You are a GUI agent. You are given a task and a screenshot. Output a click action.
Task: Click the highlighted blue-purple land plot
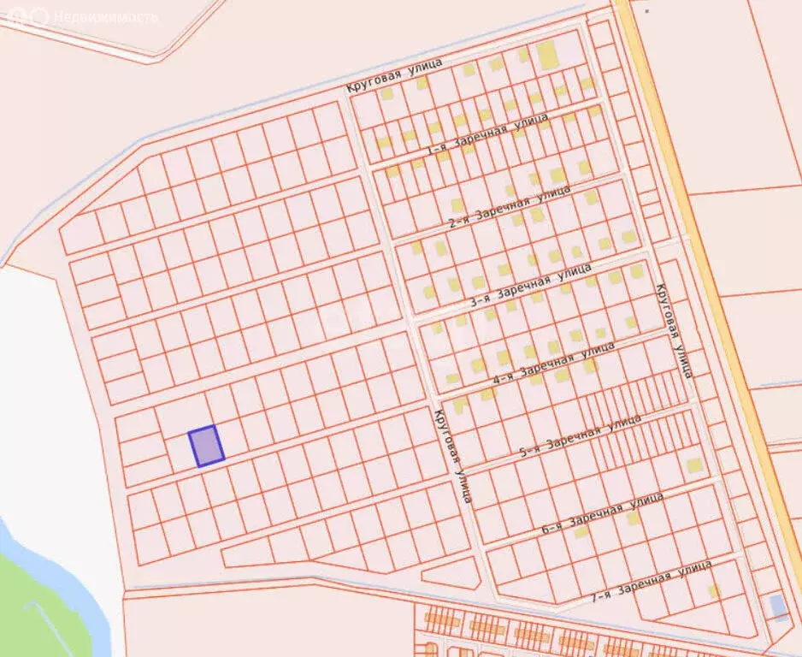click(x=206, y=446)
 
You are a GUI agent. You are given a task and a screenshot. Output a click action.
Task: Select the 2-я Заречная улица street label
click(x=510, y=206)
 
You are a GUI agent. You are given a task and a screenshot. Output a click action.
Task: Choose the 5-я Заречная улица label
click(x=580, y=436)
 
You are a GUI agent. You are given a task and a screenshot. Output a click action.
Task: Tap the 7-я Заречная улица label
click(x=652, y=582)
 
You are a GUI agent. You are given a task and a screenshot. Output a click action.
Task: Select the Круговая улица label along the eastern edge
click(x=672, y=329)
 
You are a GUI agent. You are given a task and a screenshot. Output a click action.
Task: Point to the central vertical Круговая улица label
click(x=451, y=456)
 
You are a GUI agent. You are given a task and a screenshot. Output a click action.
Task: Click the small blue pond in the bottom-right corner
click(x=778, y=606)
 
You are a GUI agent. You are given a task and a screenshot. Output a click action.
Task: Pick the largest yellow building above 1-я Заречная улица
click(x=546, y=56)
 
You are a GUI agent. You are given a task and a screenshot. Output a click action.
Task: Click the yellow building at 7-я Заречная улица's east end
click(x=714, y=590)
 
